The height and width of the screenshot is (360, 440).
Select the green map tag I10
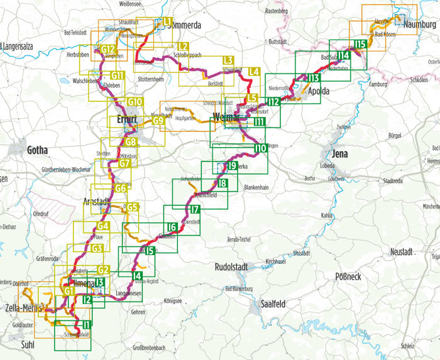click(x=260, y=149)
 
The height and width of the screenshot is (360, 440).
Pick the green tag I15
click(x=360, y=43)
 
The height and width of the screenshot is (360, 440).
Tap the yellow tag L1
click(x=167, y=22)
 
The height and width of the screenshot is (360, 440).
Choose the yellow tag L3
click(x=228, y=60)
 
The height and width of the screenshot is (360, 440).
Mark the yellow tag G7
click(x=124, y=164)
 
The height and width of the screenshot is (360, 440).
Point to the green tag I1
click(x=87, y=324)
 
